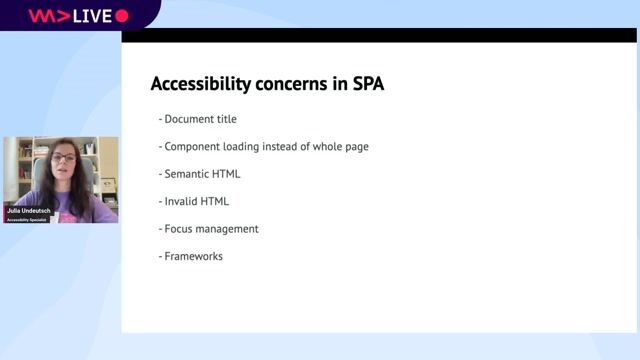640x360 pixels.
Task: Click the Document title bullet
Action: (200, 119)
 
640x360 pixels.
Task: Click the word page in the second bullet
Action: (355, 147)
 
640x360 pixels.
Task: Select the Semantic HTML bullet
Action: (202, 174)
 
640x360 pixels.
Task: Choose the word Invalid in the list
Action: (181, 201)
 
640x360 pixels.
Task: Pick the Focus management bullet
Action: (211, 229)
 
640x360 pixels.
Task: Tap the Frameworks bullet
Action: (193, 256)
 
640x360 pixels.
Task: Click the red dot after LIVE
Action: (122, 15)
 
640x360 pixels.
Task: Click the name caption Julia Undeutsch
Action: (28, 210)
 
